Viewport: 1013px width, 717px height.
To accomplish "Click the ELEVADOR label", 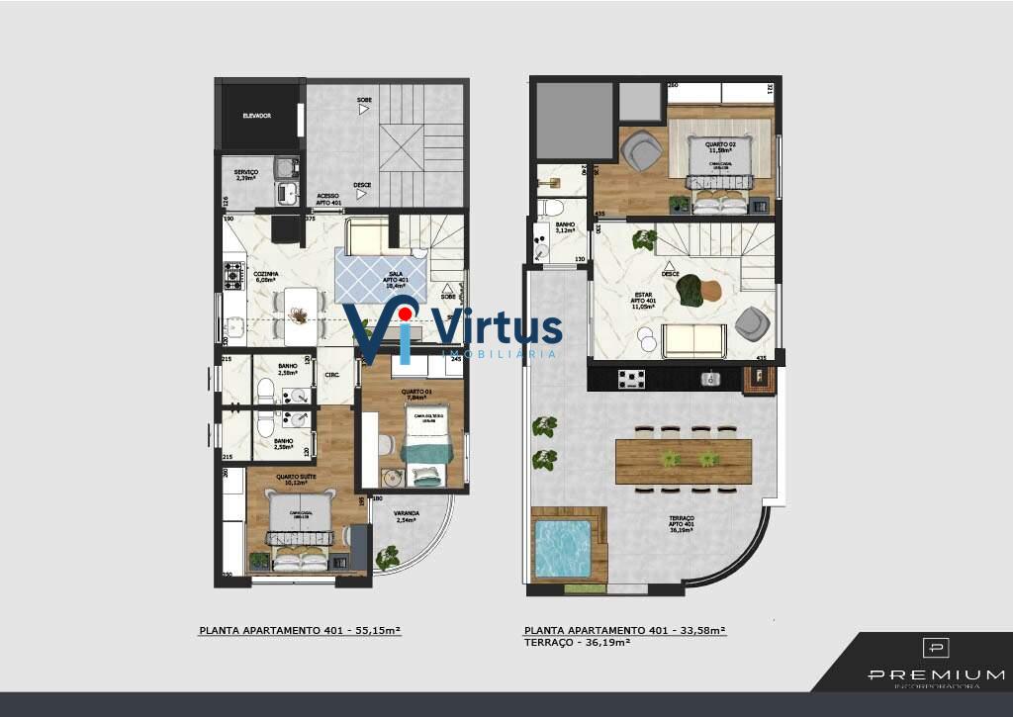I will point(257,116).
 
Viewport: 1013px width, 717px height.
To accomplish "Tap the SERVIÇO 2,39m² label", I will point(245,175).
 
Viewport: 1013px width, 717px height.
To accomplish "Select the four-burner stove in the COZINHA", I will point(234,274).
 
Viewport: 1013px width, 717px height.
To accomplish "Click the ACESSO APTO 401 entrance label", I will point(327,199).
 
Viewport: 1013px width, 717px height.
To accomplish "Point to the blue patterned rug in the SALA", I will point(381,275).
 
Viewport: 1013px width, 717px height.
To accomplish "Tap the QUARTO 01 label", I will point(414,394).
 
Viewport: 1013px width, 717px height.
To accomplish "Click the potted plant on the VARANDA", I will point(388,558).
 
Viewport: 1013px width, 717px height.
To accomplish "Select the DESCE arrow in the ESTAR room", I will point(669,265).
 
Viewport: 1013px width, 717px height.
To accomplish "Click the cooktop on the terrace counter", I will point(631,378).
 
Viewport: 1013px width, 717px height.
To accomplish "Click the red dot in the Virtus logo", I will point(405,314).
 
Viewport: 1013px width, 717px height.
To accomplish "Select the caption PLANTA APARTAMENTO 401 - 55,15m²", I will point(300,630).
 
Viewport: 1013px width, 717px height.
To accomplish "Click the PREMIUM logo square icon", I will point(935,648).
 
